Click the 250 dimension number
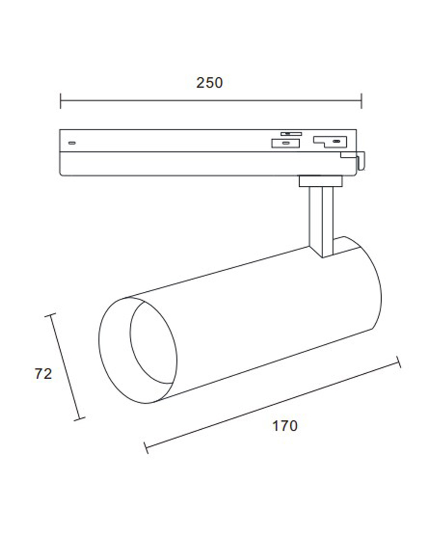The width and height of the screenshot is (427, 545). point(209,83)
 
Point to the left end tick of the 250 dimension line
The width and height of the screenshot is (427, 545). point(61,101)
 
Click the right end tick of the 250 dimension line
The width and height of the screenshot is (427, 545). point(361,101)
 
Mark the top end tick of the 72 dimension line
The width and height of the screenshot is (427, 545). point(50,315)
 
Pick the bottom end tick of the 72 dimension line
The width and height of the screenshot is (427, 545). point(80,419)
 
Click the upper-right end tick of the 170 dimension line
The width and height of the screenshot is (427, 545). point(398,362)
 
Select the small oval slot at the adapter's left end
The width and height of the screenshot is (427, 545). point(72,143)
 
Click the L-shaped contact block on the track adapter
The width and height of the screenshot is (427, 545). point(330,142)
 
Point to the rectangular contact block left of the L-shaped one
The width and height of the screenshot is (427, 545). point(286,143)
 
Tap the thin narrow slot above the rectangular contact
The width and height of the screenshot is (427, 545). point(291,134)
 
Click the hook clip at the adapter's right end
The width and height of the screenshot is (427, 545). point(361,161)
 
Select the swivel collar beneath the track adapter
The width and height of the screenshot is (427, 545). point(321,181)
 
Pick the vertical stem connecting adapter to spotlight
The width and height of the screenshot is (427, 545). point(322,222)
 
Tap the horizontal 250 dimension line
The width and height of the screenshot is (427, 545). point(211,101)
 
